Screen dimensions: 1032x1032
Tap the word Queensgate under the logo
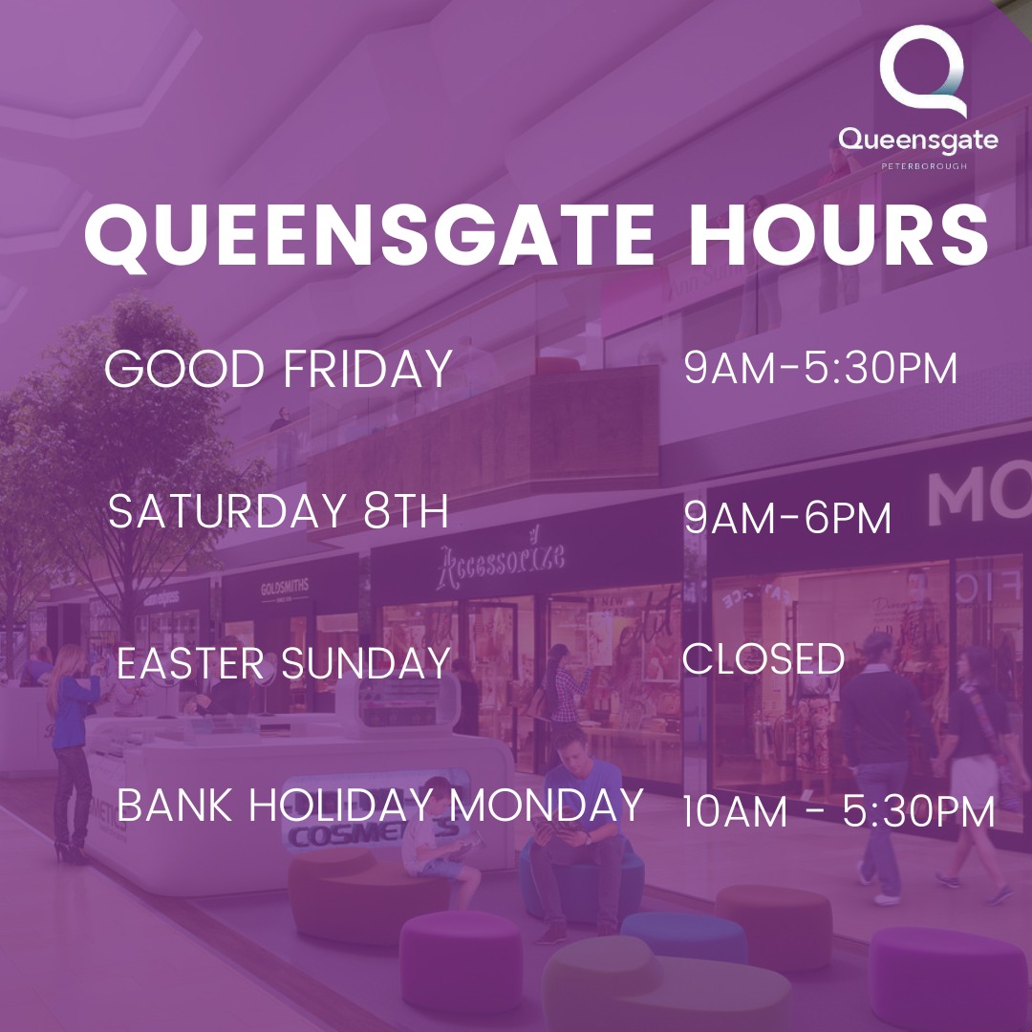point(918,140)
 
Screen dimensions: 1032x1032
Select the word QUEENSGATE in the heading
point(369,235)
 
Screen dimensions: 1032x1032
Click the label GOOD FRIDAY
point(277,369)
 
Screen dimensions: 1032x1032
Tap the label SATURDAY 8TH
point(278,512)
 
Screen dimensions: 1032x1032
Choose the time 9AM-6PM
point(786,519)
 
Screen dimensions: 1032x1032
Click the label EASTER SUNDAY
point(283,663)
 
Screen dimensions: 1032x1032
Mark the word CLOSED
point(763,659)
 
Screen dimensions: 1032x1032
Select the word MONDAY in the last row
point(547,806)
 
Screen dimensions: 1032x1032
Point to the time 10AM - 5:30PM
point(838,812)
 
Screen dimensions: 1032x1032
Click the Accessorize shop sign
point(501,564)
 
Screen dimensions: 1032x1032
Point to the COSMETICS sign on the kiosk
point(368,834)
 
